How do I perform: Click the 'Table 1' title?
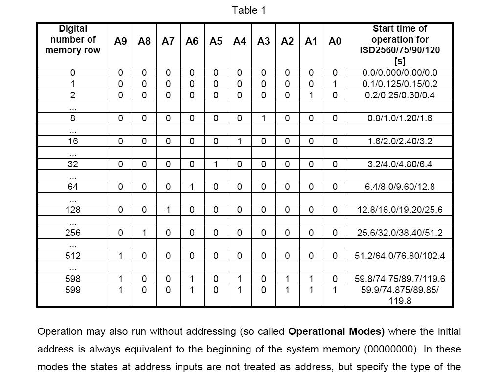tap(249, 10)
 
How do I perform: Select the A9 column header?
tap(120, 41)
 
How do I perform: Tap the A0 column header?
tap(335, 41)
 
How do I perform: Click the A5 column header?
tap(216, 41)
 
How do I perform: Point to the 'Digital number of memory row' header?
tap(72, 40)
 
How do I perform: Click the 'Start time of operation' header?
tap(400, 45)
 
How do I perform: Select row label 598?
tap(72, 279)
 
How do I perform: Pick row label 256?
tap(72, 233)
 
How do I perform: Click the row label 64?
tap(72, 187)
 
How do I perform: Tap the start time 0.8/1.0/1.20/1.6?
tap(400, 118)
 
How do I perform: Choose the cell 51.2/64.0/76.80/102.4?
tap(400, 256)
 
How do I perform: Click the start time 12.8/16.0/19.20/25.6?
tap(400, 210)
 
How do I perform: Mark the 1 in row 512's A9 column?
tap(120, 256)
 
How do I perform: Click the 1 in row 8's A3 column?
tap(263, 118)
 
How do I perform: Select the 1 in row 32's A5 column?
tap(216, 164)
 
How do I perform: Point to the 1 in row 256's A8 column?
tap(144, 233)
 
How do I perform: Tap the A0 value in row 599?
tap(335, 290)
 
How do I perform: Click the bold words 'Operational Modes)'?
tap(336, 331)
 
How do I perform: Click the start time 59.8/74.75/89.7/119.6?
tap(400, 279)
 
